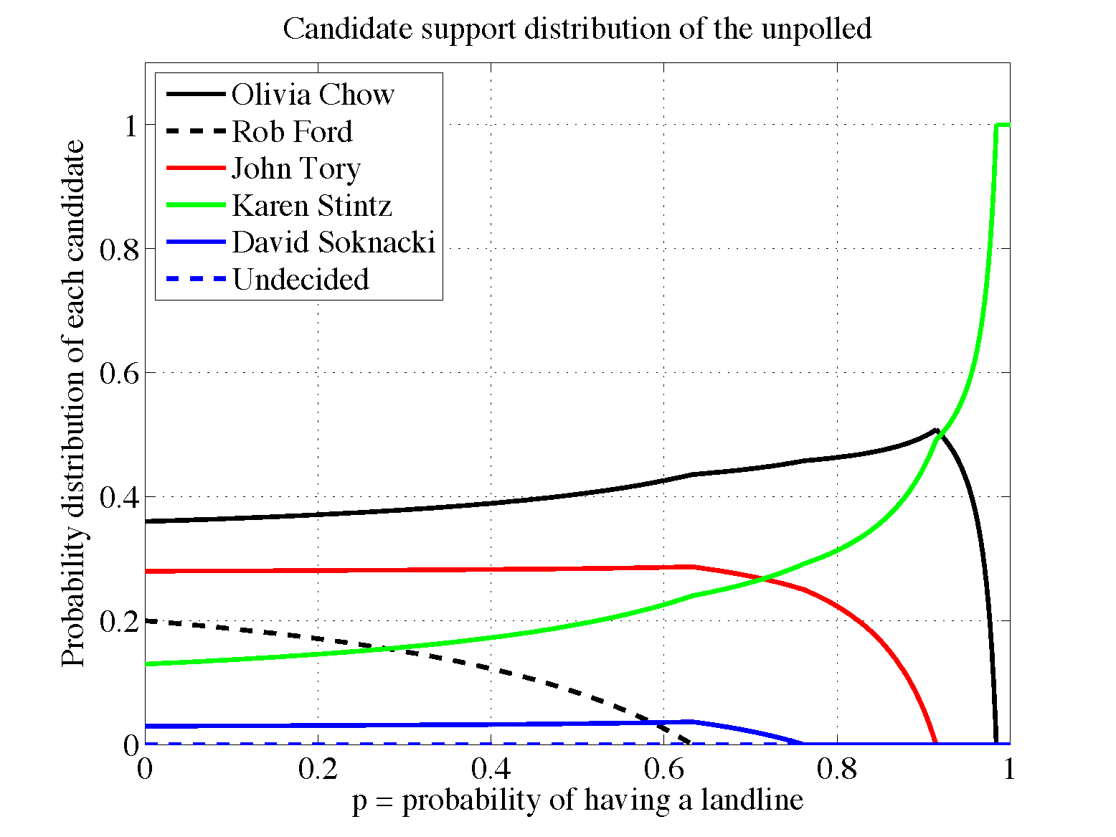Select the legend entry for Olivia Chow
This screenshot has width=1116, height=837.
[x=313, y=95]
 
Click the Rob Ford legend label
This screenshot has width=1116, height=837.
[x=293, y=132]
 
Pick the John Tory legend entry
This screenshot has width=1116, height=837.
[x=296, y=169]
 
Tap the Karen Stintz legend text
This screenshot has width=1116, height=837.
[x=312, y=206]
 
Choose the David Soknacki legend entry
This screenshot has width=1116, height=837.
[x=334, y=242]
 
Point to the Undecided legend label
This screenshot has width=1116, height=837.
[x=301, y=280]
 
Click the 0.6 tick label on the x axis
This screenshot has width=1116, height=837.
[x=663, y=769]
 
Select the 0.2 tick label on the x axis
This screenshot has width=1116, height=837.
[x=318, y=769]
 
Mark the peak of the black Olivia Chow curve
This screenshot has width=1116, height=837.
[x=936, y=430]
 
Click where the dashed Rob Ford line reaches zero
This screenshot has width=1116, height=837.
[x=690, y=744]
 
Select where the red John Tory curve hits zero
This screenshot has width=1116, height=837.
[x=935, y=744]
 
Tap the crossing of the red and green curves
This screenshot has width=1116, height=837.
[x=765, y=579]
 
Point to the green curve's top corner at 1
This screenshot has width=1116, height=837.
[x=996, y=126]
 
